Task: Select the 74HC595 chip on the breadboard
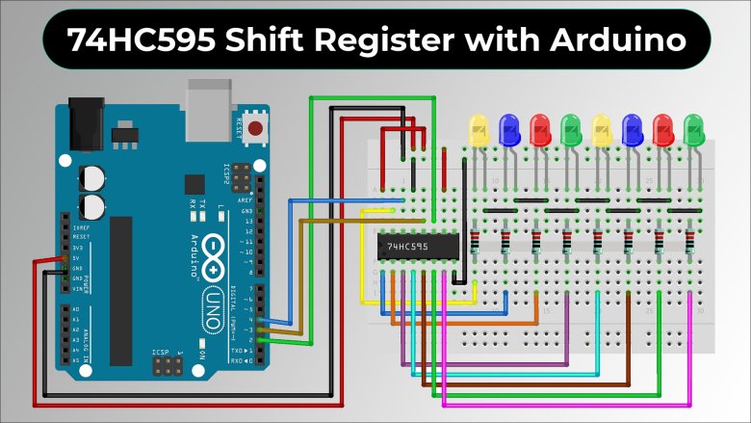pyautogui.click(x=415, y=247)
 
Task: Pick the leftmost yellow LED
pyautogui.click(x=478, y=130)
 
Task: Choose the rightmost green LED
pyautogui.click(x=693, y=130)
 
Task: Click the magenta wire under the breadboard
pyautogui.click(x=578, y=397)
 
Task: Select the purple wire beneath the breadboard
pyautogui.click(x=481, y=363)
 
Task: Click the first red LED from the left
pyautogui.click(x=541, y=130)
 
